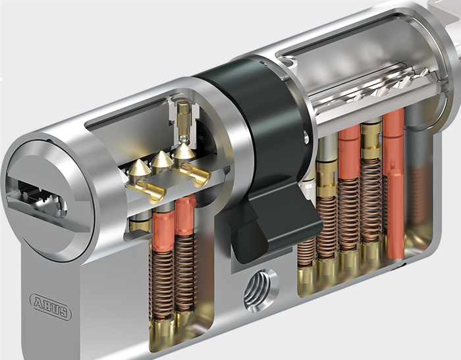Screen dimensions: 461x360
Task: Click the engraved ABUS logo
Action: point(50,306)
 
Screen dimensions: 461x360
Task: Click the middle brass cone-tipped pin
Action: point(161,160)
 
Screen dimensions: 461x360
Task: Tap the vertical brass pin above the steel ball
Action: point(184,118)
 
